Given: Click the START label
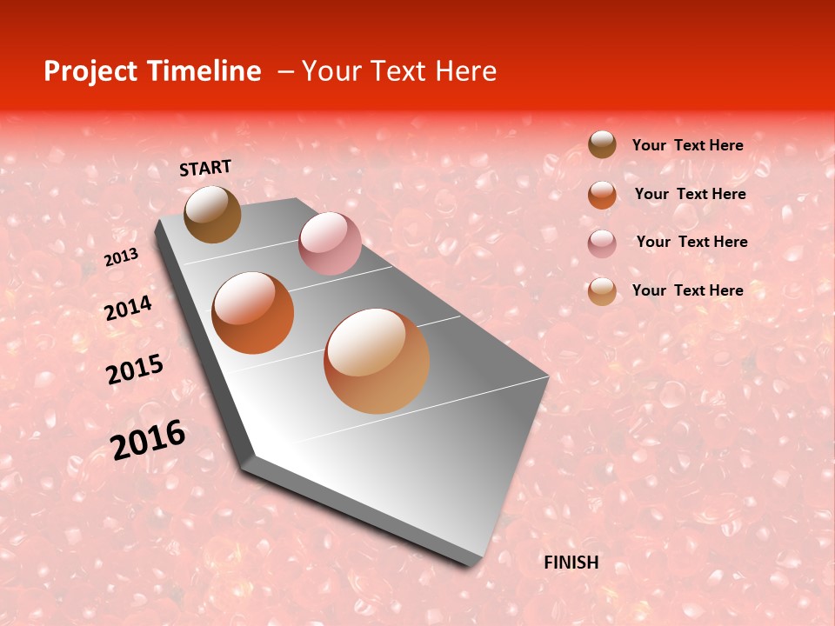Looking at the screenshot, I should point(205,168).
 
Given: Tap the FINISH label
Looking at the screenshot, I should point(571,563).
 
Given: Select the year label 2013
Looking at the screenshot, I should point(121,257).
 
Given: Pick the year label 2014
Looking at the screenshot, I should point(128,309).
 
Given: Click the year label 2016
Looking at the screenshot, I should point(148,440).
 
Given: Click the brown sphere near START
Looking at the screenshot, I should point(212,214).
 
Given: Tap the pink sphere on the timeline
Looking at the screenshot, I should point(330,243).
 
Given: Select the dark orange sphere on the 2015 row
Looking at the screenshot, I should point(253,313).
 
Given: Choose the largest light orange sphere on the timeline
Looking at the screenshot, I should point(377,361).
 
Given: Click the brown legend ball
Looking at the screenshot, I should point(602,144).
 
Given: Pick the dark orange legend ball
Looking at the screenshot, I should point(602,195).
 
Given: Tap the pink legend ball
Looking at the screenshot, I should point(602,243).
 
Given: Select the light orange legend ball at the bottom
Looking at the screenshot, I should point(602,291).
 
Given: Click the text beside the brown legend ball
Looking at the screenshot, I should point(687,145).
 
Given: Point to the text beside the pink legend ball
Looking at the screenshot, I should point(691,242).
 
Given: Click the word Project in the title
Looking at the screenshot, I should point(90,71).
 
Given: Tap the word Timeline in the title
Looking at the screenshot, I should point(203,71).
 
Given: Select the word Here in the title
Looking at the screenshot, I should point(465,71).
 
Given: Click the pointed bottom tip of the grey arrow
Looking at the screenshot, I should point(475,565).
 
